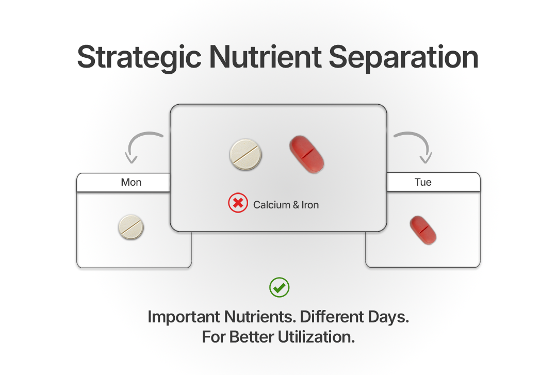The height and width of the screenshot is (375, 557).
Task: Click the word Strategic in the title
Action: tap(139, 58)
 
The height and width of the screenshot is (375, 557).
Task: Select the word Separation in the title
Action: tap(403, 58)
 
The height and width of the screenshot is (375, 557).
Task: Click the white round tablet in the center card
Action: tap(245, 154)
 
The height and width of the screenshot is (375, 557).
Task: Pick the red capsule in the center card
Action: tap(306, 154)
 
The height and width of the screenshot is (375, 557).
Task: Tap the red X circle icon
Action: tap(238, 203)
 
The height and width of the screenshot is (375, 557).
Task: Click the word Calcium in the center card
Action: tap(272, 205)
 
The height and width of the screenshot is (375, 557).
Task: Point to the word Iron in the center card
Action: tap(310, 205)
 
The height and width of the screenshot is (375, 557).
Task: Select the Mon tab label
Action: tap(131, 183)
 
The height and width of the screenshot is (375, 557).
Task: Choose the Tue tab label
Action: tap(423, 183)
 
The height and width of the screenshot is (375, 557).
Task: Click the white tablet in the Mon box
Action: tap(131, 227)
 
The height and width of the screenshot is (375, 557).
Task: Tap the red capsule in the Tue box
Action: tap(423, 230)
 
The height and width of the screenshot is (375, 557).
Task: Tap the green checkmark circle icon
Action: tap(279, 287)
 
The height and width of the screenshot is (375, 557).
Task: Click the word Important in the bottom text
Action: tap(184, 317)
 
